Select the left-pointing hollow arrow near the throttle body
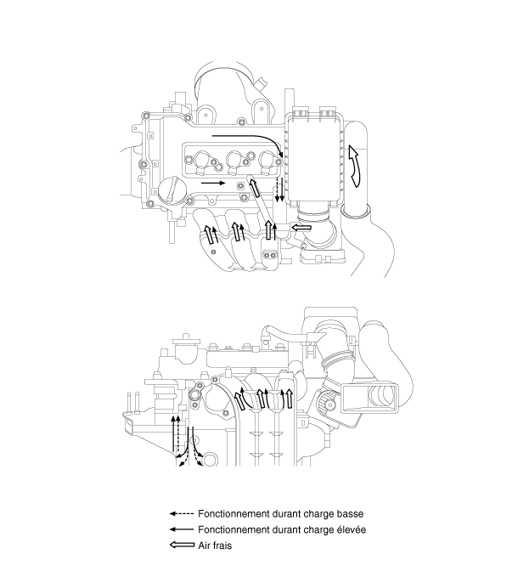301,227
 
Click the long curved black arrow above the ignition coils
247,139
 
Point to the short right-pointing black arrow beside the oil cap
212,182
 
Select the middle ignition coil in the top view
237,158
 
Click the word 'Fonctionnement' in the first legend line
235,514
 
